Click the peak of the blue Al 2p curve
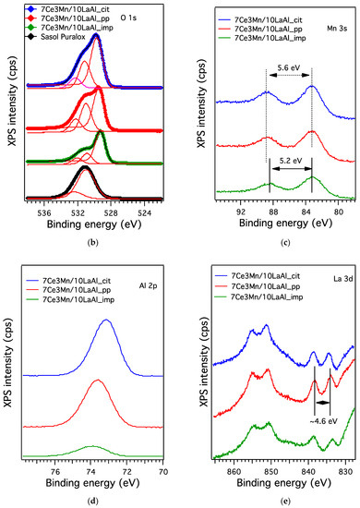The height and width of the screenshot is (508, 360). click(x=107, y=320)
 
